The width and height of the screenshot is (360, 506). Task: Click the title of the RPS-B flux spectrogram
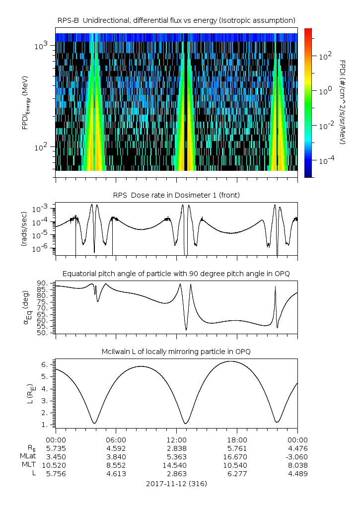click(177, 20)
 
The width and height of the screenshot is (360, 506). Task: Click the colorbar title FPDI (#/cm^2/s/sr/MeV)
click(343, 102)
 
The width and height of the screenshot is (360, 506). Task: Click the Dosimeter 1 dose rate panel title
click(177, 195)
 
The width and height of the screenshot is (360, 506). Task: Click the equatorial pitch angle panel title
click(177, 274)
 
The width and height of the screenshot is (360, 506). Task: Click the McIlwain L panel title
click(177, 352)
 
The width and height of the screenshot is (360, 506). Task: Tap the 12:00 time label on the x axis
click(177, 440)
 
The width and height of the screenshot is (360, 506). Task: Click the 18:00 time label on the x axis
click(237, 440)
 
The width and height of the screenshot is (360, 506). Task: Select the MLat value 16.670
click(237, 457)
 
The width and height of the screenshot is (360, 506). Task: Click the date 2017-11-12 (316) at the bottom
click(177, 484)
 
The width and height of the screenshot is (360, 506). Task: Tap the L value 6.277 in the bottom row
click(237, 474)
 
